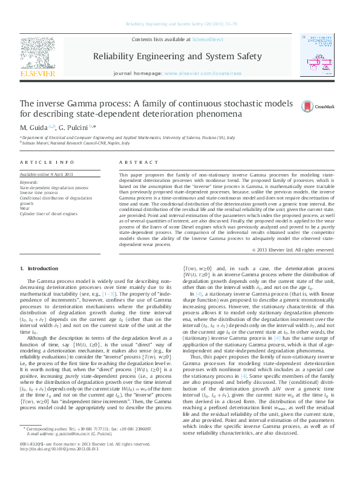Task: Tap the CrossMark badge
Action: [x=318, y=106]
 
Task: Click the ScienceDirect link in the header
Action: [x=208, y=40]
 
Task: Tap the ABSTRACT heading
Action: [x=135, y=163]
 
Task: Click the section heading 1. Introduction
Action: [x=39, y=268]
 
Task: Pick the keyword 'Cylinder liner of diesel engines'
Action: [x=48, y=213]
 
